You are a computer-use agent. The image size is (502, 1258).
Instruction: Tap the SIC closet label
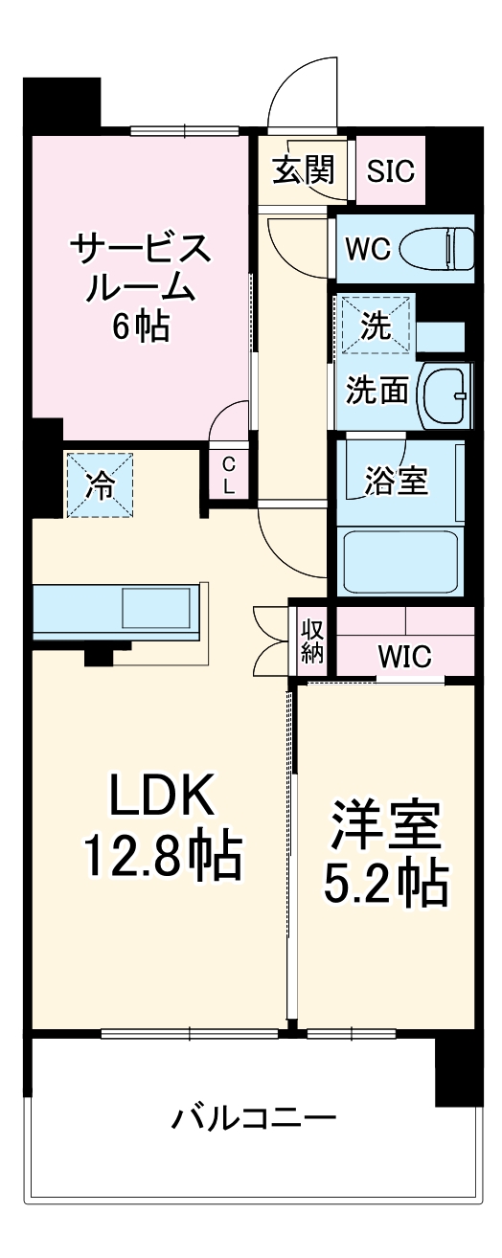click(x=391, y=171)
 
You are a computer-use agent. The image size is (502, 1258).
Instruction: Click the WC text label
click(x=367, y=250)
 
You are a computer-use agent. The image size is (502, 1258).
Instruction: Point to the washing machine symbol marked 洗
click(x=375, y=326)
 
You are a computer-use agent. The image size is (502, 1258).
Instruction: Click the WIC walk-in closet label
click(x=403, y=657)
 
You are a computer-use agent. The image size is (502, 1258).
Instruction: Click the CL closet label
click(x=228, y=475)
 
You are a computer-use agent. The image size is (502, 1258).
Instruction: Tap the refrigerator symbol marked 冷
click(x=100, y=484)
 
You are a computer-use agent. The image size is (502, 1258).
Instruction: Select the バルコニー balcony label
click(x=254, y=1117)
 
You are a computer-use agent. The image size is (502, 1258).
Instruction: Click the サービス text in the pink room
click(x=140, y=250)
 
